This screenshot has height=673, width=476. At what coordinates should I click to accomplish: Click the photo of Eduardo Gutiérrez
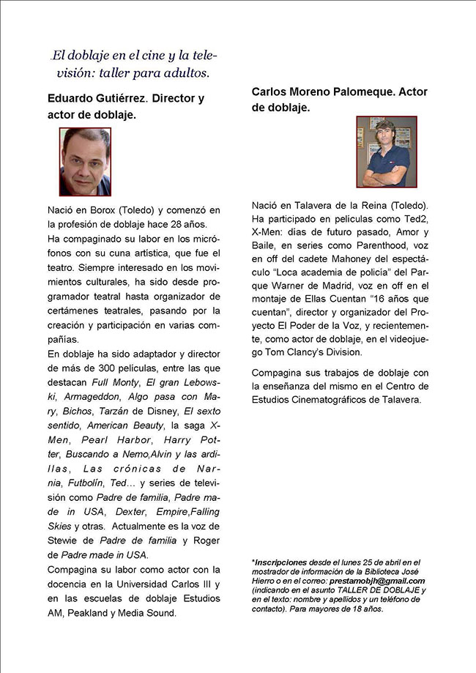(x=85, y=161)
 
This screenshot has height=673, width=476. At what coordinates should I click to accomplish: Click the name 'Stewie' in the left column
(x=64, y=540)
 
